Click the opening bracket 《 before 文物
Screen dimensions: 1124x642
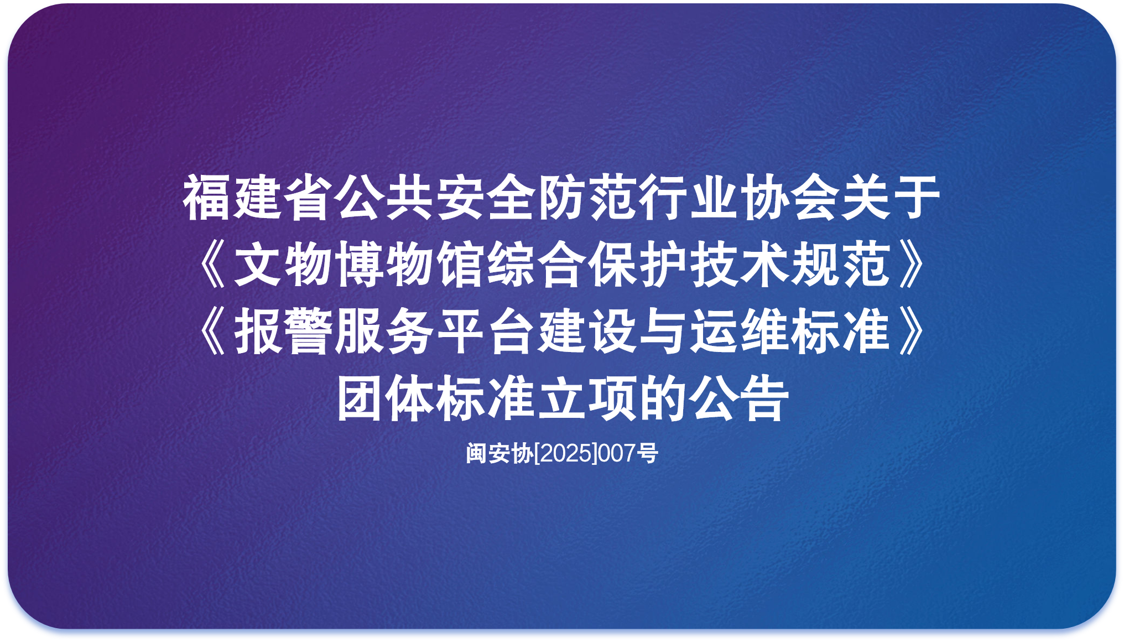point(212,265)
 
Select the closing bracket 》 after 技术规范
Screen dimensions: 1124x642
point(912,265)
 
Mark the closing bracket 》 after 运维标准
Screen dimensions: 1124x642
point(912,331)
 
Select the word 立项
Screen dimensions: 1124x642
point(587,398)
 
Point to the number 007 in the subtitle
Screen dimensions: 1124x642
point(617,453)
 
